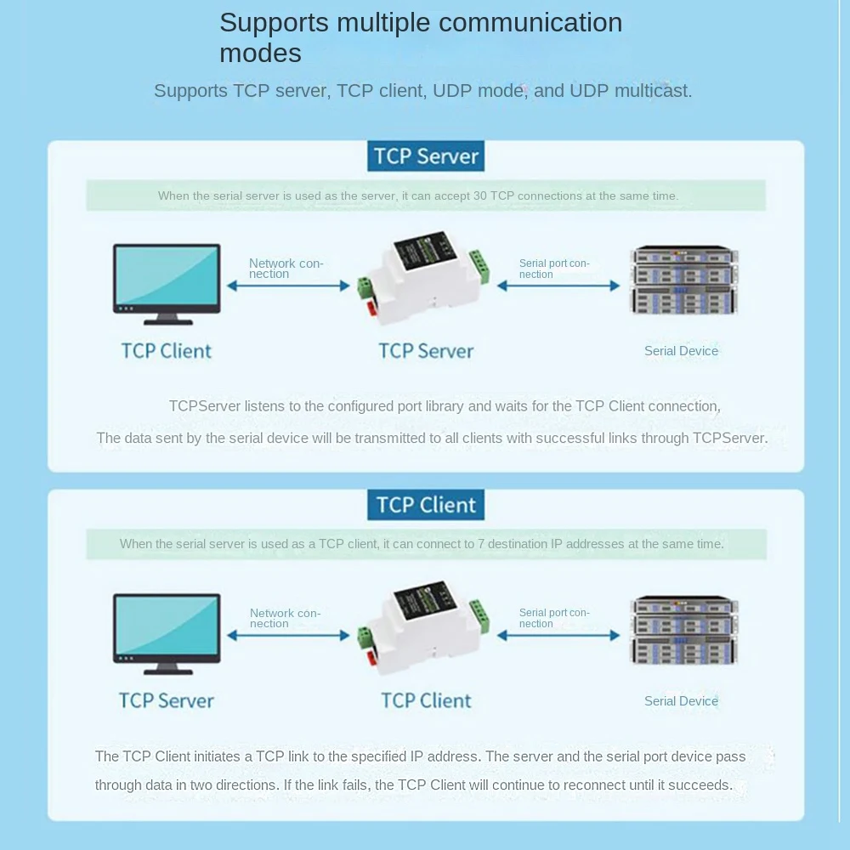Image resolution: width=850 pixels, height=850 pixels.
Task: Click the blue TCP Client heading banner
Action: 426,505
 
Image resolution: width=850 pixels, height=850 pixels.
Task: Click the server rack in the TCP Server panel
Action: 683,280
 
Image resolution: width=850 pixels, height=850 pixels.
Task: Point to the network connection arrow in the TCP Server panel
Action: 288,286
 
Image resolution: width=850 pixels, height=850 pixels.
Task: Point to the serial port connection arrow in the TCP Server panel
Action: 558,286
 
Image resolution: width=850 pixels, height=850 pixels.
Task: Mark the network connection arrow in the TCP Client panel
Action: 288,635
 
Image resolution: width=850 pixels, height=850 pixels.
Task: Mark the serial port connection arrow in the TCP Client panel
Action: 558,635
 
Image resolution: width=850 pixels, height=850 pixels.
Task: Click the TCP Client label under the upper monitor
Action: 167,351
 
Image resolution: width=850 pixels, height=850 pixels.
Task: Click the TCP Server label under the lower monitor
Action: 167,700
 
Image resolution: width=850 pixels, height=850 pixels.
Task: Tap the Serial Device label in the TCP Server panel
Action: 681,351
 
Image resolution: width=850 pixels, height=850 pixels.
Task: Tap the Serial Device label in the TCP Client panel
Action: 681,701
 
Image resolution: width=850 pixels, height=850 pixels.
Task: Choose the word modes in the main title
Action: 260,54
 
